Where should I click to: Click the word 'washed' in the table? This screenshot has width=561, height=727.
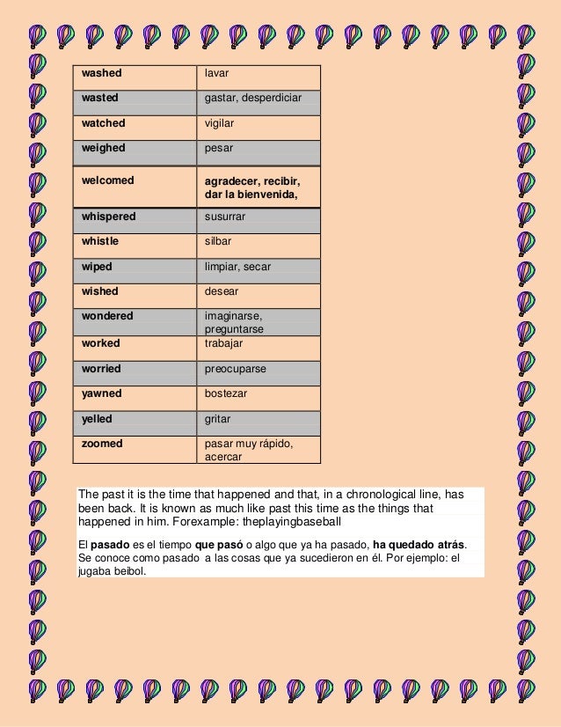pos(101,73)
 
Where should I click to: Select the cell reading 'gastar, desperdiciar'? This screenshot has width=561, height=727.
pos(252,98)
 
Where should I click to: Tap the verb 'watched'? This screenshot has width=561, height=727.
pos(104,123)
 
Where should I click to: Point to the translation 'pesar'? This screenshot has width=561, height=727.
pos(219,148)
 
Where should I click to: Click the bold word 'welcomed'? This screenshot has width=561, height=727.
pos(108,180)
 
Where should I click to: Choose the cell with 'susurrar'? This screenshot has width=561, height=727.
pos(225,216)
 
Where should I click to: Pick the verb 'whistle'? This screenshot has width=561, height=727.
pos(100,240)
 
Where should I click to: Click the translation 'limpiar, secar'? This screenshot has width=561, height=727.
pos(237,266)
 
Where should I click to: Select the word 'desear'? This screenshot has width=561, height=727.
pos(222,290)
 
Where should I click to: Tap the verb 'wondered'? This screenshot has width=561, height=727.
pos(107,315)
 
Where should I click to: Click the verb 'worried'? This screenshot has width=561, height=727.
pos(101,369)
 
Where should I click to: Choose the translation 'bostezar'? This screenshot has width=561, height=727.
pos(225,393)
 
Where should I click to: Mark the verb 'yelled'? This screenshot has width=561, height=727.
pos(97,419)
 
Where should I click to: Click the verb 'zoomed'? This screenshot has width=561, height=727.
pos(102,444)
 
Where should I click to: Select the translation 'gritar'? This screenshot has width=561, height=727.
pos(218,419)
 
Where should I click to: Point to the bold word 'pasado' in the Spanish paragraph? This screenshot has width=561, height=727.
pos(110,543)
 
